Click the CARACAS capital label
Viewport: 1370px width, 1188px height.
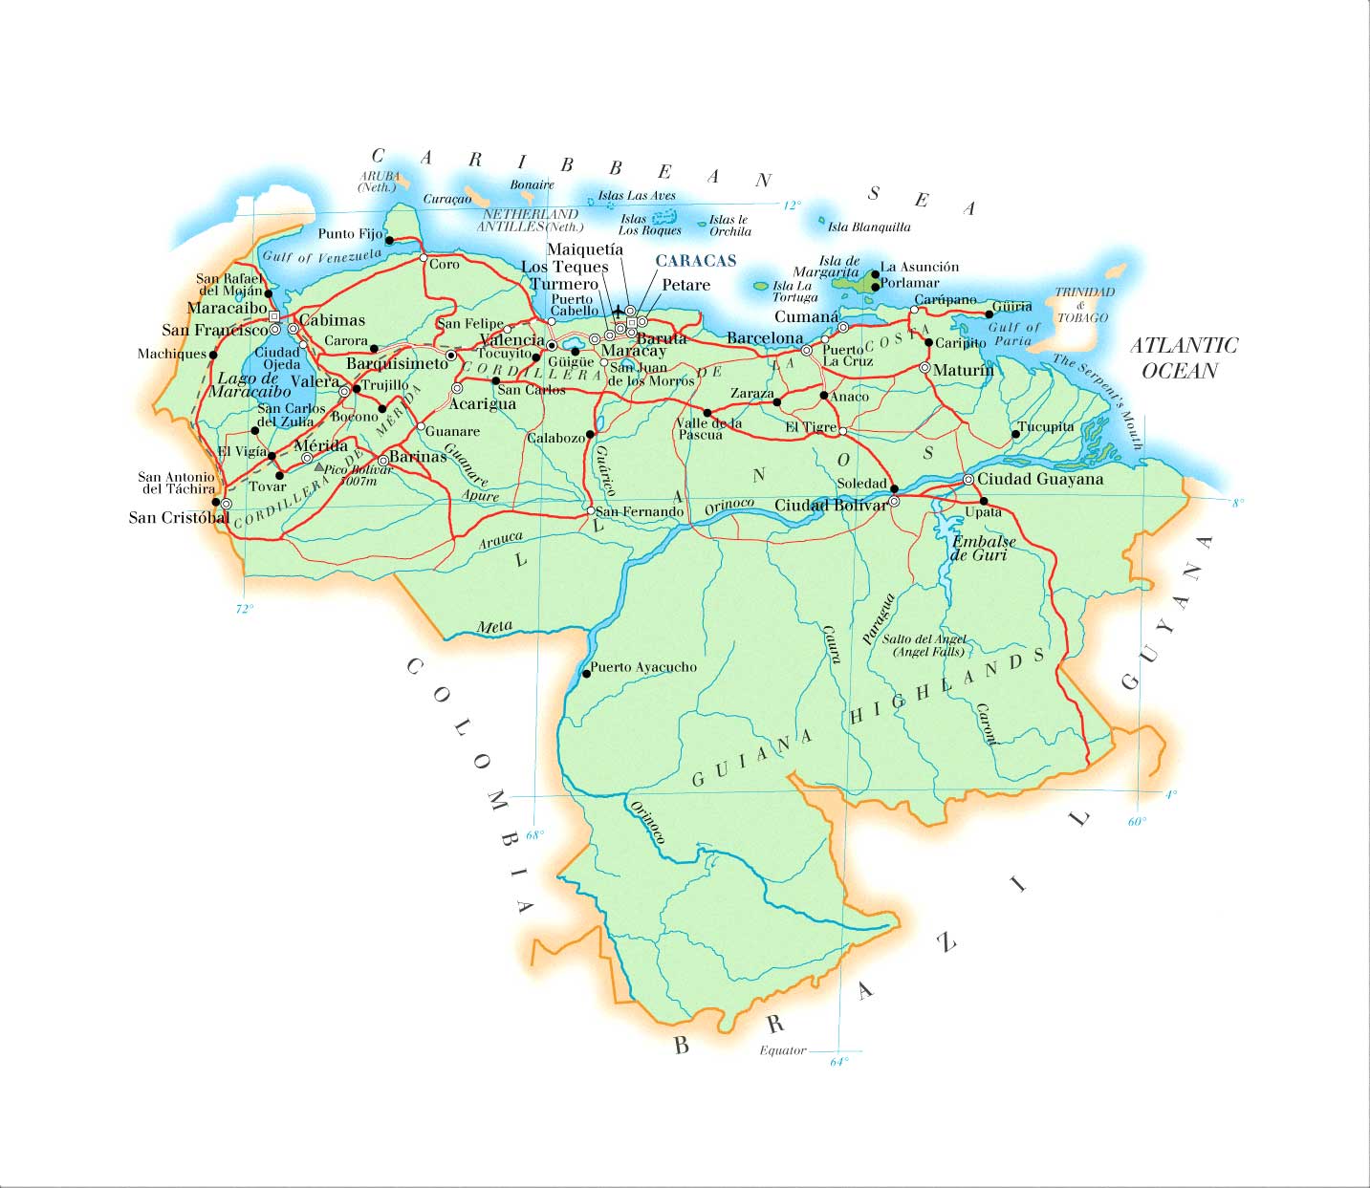click(x=695, y=261)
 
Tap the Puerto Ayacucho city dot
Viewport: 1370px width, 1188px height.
click(x=586, y=674)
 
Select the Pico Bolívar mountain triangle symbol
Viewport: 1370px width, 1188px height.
click(x=319, y=467)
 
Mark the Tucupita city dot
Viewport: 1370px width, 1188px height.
click(x=1015, y=434)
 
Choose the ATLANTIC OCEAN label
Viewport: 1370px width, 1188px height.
click(x=1184, y=357)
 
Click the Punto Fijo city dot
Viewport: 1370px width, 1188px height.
click(x=389, y=241)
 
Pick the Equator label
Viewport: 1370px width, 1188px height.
click(x=783, y=1050)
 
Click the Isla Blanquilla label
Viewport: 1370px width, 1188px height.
click(x=869, y=227)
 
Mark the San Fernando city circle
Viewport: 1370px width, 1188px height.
click(x=589, y=511)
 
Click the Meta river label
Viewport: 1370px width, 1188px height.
click(x=494, y=628)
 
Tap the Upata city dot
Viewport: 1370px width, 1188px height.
click(x=984, y=501)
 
